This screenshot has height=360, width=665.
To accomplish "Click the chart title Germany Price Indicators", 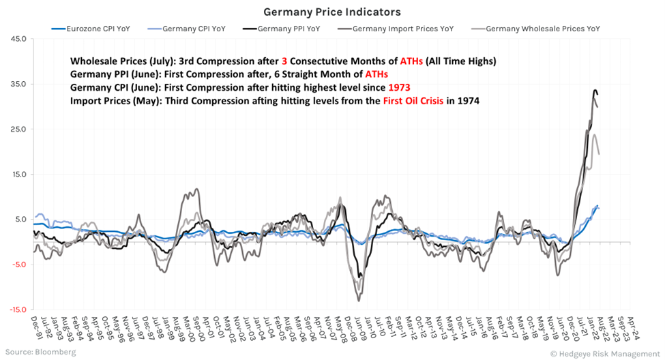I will tap(332, 12).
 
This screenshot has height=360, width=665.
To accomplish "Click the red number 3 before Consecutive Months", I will tap(283, 61).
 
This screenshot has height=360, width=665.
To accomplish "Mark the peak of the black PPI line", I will tap(595, 90).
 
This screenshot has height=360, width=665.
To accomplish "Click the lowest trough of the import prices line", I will tap(359, 301).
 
